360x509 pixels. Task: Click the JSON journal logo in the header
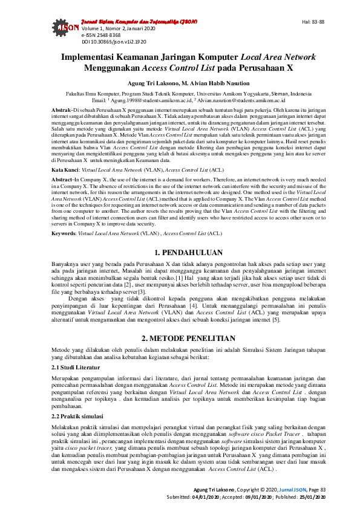pos(70,28)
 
